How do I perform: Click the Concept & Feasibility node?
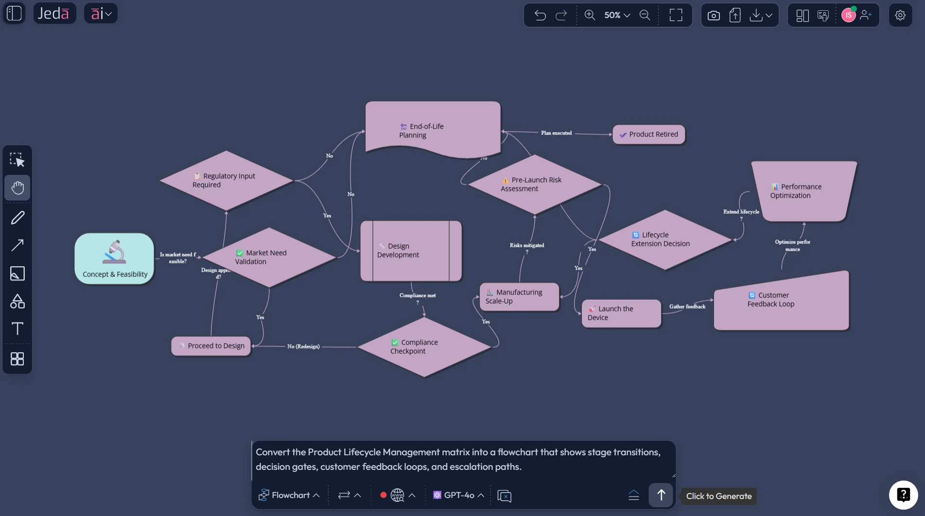point(114,258)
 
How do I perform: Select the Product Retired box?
point(649,135)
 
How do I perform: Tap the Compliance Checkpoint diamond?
point(424,347)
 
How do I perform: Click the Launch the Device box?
point(621,313)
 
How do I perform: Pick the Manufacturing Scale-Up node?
point(519,297)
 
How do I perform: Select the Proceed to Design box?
point(211,346)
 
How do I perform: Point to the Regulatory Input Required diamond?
point(226,180)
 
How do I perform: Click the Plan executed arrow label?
point(556,133)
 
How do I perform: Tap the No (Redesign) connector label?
point(303,346)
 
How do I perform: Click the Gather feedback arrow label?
point(687,307)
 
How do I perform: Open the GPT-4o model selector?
point(458,495)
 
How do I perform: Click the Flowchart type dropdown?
point(289,495)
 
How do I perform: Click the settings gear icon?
point(900,15)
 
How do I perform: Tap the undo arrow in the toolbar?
point(540,15)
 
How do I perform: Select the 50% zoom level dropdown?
point(617,15)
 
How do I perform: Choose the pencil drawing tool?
point(17,217)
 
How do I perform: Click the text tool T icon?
point(17,329)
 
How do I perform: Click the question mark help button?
point(903,495)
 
